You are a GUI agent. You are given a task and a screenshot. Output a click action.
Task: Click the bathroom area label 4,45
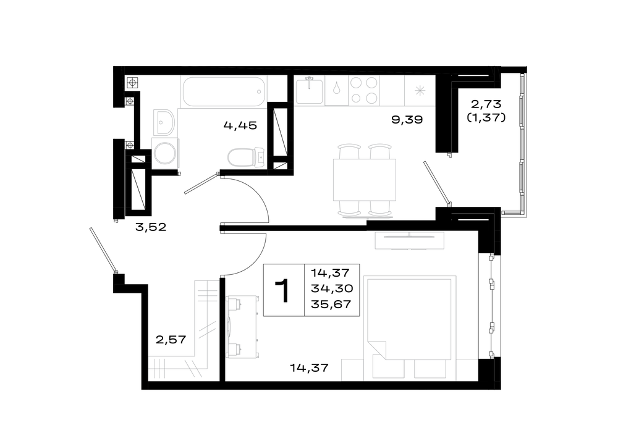240,125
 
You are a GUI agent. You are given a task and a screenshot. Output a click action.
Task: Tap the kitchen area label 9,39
407,119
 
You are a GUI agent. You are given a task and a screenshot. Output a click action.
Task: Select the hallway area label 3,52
151,227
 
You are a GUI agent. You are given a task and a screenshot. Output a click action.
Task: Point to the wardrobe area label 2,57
171,339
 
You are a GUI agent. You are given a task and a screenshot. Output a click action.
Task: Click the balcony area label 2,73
486,104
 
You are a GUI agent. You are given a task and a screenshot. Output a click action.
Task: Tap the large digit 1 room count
284,291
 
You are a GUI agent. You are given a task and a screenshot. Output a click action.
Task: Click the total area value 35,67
331,304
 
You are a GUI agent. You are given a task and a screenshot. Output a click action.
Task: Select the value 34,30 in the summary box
331,288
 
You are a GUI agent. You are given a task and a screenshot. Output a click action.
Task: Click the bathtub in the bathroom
224,91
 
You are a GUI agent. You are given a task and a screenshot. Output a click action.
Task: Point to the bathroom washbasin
164,122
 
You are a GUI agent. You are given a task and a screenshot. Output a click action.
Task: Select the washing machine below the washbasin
165,153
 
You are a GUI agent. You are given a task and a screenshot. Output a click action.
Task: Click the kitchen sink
310,91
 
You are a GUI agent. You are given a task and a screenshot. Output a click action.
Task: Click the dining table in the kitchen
365,180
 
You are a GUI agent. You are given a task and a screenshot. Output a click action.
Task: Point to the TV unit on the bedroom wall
410,240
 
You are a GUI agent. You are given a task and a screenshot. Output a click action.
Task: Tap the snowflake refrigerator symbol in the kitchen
420,91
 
